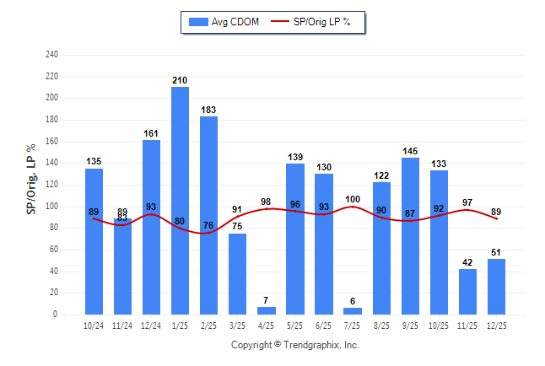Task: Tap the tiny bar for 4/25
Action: point(267,310)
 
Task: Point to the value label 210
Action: point(180,81)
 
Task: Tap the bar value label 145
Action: point(410,152)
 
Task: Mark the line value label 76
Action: point(208,225)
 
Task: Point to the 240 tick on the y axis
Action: point(51,55)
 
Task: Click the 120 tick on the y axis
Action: point(51,185)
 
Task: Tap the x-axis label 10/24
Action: point(94,326)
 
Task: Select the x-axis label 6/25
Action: point(324,326)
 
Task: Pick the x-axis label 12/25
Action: point(496,326)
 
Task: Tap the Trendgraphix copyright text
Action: point(295,345)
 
